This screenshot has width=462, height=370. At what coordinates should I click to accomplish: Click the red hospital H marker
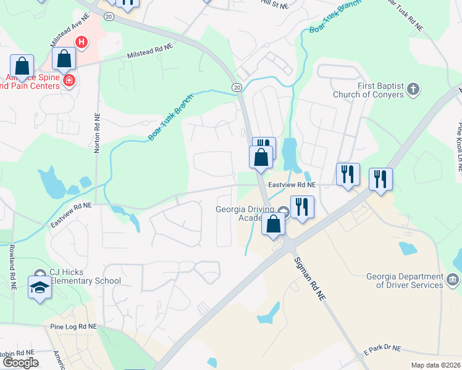click(x=81, y=43)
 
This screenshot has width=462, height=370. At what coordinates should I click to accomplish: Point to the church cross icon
click(x=413, y=90)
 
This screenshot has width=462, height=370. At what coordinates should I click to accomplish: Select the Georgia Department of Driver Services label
click(x=404, y=281)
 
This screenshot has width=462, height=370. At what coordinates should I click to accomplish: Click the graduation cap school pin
click(x=40, y=287)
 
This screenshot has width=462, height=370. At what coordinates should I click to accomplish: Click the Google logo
click(x=20, y=363)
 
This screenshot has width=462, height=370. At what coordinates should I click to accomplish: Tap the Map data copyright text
click(x=435, y=365)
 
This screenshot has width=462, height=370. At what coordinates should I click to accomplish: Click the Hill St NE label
click(x=274, y=5)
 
